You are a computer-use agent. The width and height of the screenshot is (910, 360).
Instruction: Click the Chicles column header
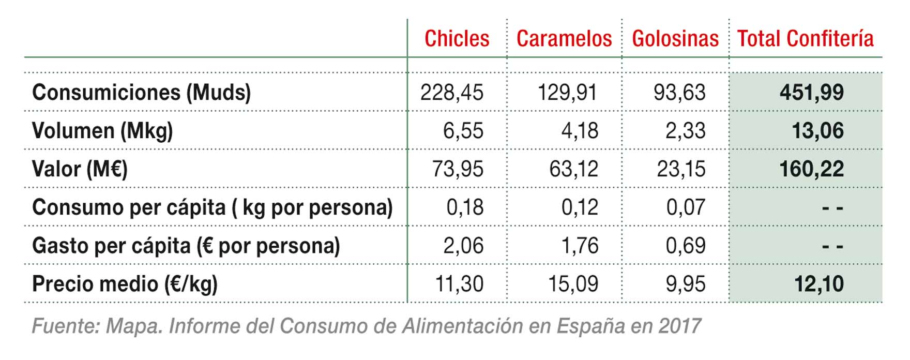[457, 39]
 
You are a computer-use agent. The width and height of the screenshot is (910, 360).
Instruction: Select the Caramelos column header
[564, 39]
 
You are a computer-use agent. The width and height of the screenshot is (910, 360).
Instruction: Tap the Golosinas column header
[675, 39]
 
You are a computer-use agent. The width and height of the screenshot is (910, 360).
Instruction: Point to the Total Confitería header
[805, 39]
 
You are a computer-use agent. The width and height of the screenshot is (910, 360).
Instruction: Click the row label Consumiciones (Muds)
[141, 93]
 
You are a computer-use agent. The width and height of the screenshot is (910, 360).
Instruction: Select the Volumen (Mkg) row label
[102, 131]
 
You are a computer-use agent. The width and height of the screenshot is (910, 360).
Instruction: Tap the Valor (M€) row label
[80, 169]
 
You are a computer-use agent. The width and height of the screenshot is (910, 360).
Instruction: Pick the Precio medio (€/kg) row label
[125, 284]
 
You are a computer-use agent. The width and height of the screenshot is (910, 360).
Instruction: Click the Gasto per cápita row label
[186, 246]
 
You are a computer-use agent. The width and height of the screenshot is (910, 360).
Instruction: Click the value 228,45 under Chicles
[451, 93]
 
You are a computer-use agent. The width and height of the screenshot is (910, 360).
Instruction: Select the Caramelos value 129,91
[567, 93]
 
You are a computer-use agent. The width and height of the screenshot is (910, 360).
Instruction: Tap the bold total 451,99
[811, 93]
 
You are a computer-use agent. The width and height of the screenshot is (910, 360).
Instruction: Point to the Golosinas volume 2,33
[685, 131]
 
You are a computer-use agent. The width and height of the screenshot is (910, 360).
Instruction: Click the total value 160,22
[811, 169]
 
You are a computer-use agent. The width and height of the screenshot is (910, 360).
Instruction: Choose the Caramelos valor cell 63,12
[573, 169]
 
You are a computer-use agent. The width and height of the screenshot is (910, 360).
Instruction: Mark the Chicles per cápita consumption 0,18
[465, 207]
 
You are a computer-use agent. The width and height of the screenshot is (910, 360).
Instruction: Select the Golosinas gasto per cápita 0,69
[685, 246]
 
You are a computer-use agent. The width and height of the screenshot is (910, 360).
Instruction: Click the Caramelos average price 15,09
[573, 284]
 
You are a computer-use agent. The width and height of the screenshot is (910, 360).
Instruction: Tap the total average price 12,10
[818, 284]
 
